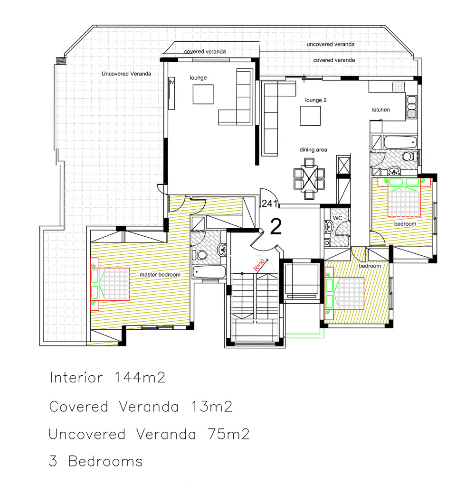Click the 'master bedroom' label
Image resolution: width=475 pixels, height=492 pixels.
[160, 275]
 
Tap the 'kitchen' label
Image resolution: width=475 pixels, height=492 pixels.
[380, 110]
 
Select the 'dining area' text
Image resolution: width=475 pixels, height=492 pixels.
[313, 150]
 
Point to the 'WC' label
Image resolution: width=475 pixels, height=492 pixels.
[337, 218]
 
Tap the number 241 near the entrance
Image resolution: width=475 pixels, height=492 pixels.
[269, 204]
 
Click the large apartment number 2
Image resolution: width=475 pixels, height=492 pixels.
[275, 227]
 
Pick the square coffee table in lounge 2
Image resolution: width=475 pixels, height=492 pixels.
[309, 115]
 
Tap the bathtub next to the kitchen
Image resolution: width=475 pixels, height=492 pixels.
[399, 142]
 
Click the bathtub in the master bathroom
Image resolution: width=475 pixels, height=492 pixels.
[209, 272]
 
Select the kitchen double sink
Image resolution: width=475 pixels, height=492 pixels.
[411, 108]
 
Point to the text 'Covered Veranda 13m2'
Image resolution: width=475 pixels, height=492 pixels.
[141, 407]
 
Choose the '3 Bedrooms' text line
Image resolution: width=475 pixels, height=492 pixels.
[96, 461]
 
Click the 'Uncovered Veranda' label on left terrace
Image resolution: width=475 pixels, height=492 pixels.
[126, 74]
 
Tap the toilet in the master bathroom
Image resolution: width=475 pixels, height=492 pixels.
[201, 255]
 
